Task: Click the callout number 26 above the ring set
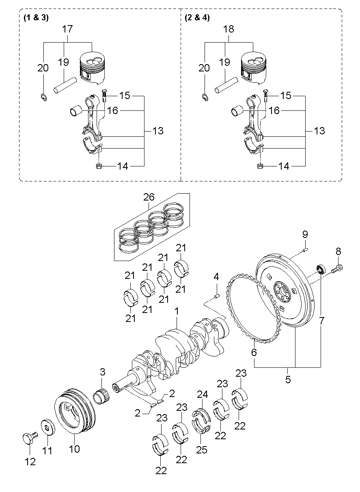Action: pyautogui.click(x=149, y=197)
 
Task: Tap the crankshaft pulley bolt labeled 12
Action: pyautogui.click(x=30, y=438)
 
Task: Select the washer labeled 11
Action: pyautogui.click(x=48, y=427)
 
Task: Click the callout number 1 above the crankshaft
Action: pyautogui.click(x=177, y=311)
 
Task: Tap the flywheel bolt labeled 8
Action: pyautogui.click(x=337, y=269)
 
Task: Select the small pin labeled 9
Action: pyautogui.click(x=305, y=250)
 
